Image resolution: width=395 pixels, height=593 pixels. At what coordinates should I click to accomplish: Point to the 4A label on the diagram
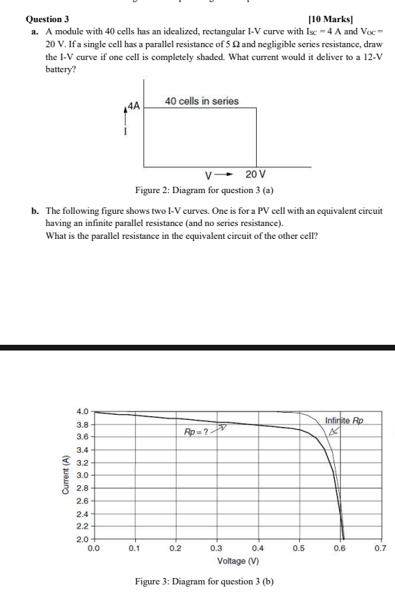134,106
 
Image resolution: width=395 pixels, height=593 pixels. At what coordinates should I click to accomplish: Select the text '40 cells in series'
202,102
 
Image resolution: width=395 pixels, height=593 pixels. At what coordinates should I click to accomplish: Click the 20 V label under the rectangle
255,175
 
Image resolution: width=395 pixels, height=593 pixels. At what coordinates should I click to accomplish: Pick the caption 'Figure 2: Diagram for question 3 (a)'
205,190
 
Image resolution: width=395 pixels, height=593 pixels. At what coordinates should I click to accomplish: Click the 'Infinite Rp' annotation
344,420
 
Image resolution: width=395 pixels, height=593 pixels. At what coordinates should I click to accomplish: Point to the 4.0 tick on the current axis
82,411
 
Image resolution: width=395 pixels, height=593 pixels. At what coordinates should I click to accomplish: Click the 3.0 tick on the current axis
82,475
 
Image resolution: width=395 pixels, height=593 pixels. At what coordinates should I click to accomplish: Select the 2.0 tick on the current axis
82,538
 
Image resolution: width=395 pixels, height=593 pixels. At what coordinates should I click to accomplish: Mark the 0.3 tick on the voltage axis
216,549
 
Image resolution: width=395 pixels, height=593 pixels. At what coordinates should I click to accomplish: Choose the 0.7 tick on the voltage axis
380,549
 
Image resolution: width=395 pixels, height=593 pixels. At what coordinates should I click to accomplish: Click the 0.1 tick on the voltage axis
134,549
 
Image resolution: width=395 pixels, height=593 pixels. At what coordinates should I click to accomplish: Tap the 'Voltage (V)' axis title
238,561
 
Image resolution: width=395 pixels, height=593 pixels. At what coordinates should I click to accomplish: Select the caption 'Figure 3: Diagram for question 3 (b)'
205,582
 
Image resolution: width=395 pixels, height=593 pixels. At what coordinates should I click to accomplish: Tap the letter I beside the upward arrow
126,132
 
